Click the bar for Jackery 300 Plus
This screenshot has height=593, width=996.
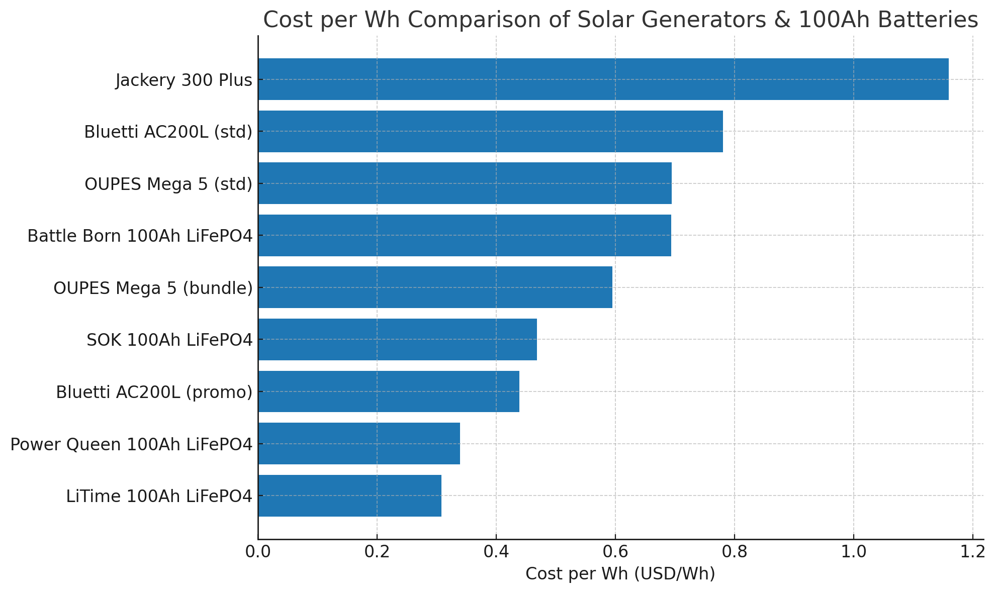pyautogui.click(x=603, y=79)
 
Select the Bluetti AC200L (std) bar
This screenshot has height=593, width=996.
pyautogui.click(x=490, y=131)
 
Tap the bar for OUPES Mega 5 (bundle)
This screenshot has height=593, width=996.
pyautogui.click(x=435, y=287)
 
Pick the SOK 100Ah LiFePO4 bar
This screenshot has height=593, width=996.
pyautogui.click(x=397, y=339)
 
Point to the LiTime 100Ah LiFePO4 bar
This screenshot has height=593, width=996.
pyautogui.click(x=349, y=496)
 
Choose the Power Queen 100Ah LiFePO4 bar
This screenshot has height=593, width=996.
pyautogui.click(x=359, y=443)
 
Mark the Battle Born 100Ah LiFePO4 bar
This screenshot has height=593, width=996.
pyautogui.click(x=465, y=235)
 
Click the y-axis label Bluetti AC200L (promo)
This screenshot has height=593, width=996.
pyautogui.click(x=154, y=392)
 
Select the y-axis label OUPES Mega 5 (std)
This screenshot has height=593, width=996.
pyautogui.click(x=168, y=184)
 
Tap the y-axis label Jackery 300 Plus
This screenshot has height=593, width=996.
pyautogui.click(x=184, y=80)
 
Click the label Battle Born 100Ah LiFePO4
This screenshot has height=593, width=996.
pyautogui.click(x=140, y=236)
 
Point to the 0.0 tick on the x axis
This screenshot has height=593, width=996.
pyautogui.click(x=258, y=552)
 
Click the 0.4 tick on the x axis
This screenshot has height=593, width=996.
pyautogui.click(x=496, y=552)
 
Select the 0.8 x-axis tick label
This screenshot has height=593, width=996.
pyautogui.click(x=734, y=552)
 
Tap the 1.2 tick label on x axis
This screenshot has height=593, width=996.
pyautogui.click(x=972, y=552)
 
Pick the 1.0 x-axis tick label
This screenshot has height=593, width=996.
pyautogui.click(x=853, y=552)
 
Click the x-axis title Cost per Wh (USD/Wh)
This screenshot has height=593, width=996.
pyautogui.click(x=620, y=573)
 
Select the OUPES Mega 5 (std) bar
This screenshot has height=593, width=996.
pyautogui.click(x=465, y=183)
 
